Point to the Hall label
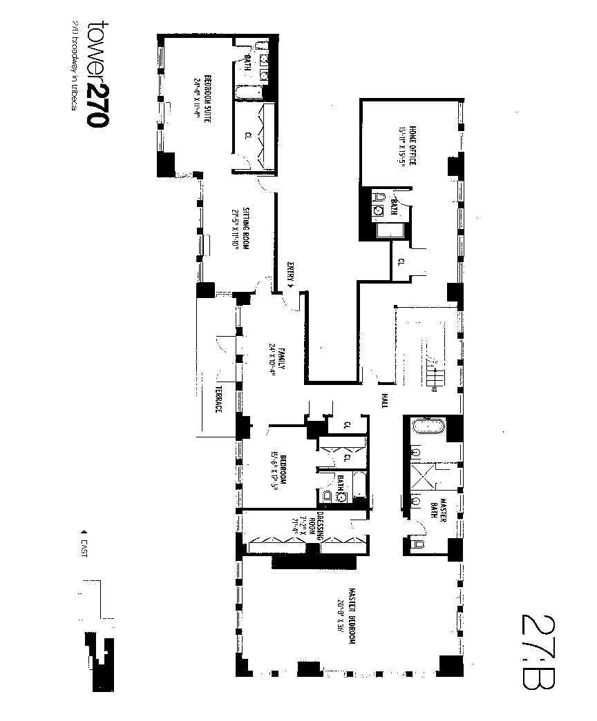(x=383, y=400)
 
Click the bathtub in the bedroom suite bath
(x=245, y=93)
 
